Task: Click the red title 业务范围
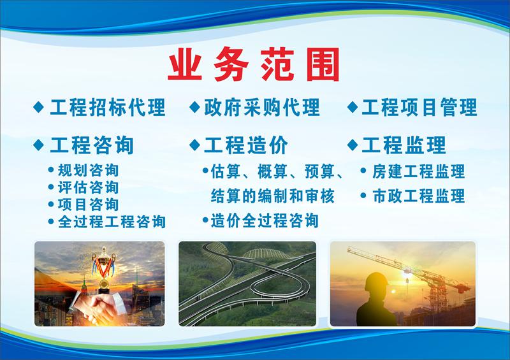point(254,64)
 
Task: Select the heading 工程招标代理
point(108,107)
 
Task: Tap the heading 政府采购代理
point(262,107)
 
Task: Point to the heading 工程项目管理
point(419,107)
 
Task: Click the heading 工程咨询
point(92,145)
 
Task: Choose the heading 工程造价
point(246,145)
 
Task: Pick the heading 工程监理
point(404,145)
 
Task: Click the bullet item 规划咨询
point(88,170)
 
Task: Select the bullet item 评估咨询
point(88,187)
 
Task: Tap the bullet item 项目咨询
point(88,205)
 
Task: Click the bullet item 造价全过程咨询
point(265,220)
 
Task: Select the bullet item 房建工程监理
point(419,171)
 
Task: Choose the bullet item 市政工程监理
point(419,196)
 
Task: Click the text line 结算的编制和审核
point(273,196)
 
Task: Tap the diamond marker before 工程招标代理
point(39,107)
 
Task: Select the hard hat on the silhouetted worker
point(376,281)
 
